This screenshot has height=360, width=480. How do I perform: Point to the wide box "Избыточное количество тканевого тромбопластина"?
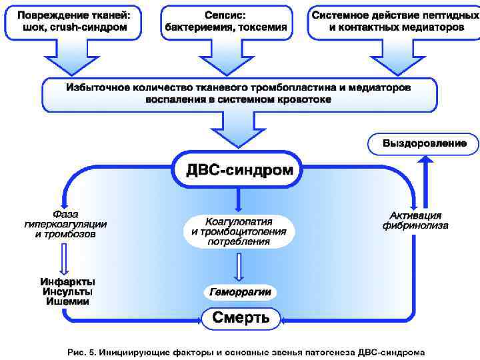tap(238, 93)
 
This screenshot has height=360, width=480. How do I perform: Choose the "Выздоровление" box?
tap(424, 143)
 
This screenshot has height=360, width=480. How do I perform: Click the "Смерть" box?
tap(241, 318)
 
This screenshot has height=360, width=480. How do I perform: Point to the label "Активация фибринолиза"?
tap(415, 221)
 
